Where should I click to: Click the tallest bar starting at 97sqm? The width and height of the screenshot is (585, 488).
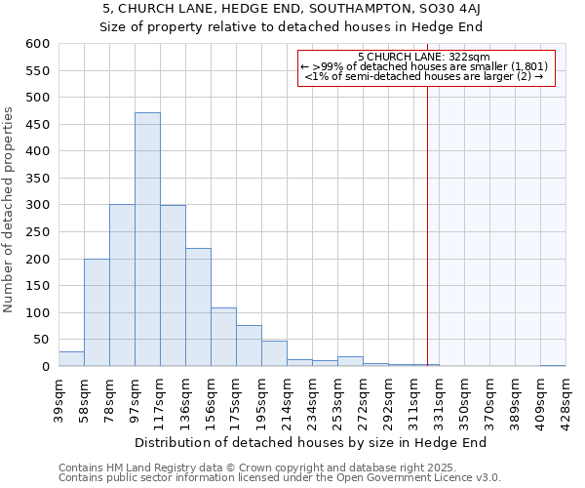click(147, 239)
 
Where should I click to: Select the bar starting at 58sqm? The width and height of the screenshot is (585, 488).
click(97, 312)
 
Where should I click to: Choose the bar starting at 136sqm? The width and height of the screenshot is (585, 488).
click(198, 307)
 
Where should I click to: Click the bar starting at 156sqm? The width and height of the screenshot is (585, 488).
click(223, 337)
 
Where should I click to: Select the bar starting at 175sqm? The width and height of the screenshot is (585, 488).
click(249, 346)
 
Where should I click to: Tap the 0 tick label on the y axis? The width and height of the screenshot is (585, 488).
click(45, 367)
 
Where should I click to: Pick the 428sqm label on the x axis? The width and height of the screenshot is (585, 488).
click(566, 396)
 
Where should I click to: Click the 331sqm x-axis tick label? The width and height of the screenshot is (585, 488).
click(440, 396)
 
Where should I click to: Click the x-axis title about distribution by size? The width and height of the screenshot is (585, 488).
click(310, 442)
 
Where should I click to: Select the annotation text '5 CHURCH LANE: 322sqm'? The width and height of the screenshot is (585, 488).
click(424, 57)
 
